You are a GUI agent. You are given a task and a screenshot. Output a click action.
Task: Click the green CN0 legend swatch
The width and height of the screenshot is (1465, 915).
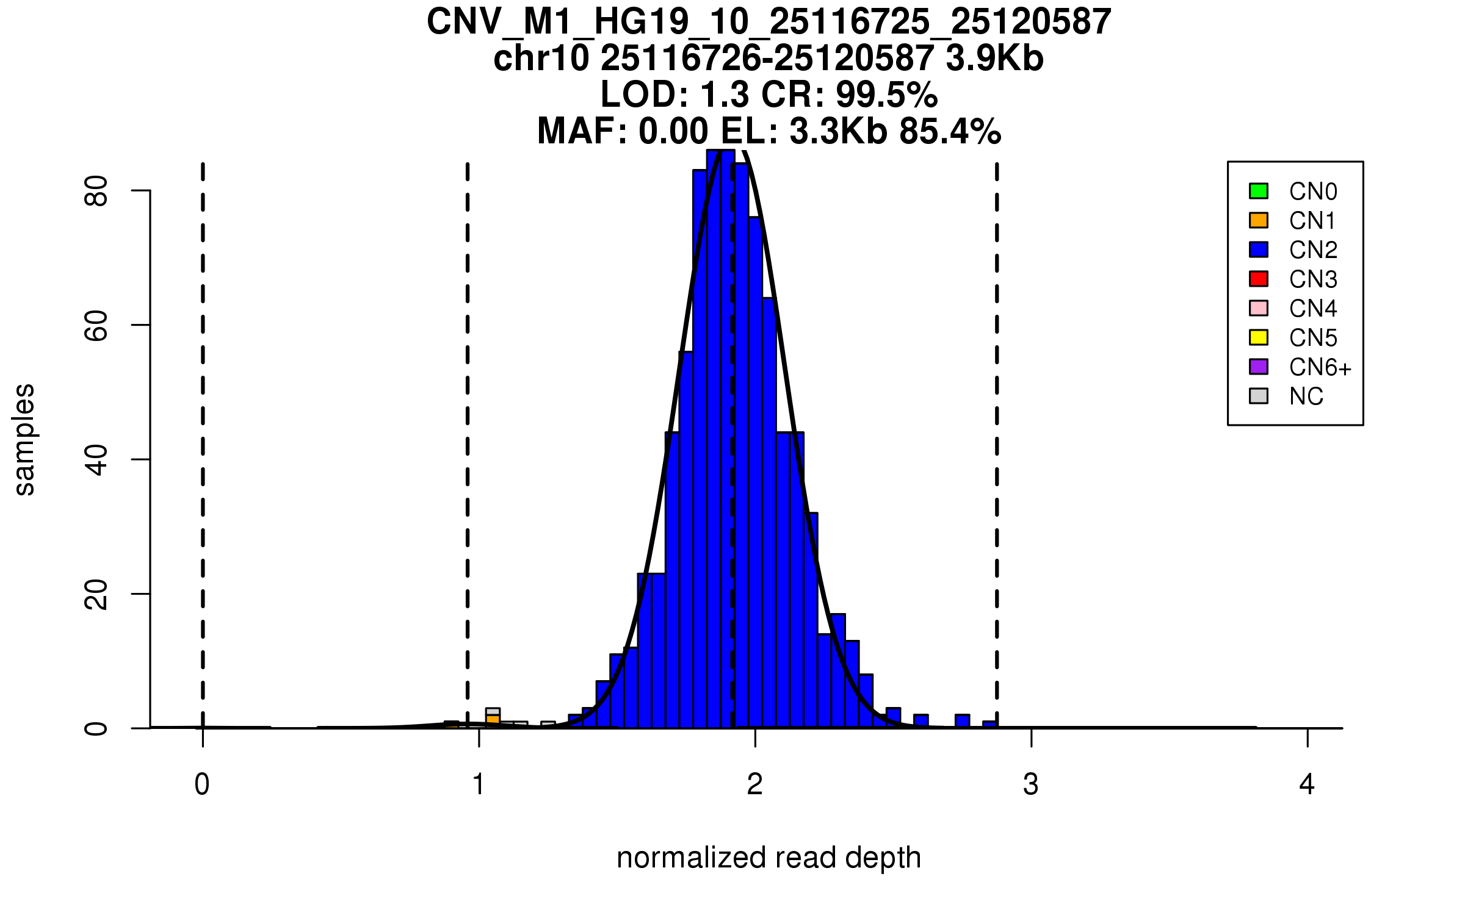tap(1258, 191)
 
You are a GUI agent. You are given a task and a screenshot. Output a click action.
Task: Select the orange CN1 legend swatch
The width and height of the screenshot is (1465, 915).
tap(1258, 220)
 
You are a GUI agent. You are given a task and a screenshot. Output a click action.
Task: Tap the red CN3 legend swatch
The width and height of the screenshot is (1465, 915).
tap(1258, 279)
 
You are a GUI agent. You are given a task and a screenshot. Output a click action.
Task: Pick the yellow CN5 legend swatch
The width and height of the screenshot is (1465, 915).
tap(1258, 337)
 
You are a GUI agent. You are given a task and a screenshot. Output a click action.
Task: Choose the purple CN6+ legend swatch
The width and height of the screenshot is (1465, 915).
tap(1258, 367)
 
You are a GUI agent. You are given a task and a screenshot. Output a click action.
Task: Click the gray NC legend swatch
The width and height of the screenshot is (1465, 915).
tap(1258, 396)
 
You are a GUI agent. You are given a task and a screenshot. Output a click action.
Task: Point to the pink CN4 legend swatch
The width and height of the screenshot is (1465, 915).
tap(1258, 308)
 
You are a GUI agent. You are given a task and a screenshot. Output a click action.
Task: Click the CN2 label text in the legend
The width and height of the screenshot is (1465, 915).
tap(1312, 250)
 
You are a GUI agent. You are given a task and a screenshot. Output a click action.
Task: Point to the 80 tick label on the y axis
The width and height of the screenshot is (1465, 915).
tap(96, 191)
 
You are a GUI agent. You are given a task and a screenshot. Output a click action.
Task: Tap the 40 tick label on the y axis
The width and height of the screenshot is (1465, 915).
tap(96, 460)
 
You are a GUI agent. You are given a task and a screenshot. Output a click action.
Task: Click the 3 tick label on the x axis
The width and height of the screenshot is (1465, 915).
tap(1031, 784)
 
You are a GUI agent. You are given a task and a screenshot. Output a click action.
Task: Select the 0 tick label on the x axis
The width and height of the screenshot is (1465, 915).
tap(202, 784)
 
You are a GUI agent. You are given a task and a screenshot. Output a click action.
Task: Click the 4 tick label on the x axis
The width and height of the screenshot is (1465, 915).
tap(1307, 784)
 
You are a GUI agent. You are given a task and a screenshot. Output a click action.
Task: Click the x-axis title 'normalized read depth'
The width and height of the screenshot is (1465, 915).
tap(769, 858)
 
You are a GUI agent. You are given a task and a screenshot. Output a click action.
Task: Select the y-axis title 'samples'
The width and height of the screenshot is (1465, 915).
tap(24, 440)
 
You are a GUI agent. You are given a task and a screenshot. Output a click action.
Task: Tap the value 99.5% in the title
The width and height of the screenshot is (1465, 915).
tap(886, 95)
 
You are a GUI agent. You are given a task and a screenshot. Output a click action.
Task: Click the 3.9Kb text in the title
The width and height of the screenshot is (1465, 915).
tap(994, 59)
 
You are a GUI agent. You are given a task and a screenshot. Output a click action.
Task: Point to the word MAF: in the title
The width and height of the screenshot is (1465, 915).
tap(582, 131)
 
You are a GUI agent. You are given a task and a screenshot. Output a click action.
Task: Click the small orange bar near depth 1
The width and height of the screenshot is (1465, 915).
tap(493, 719)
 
